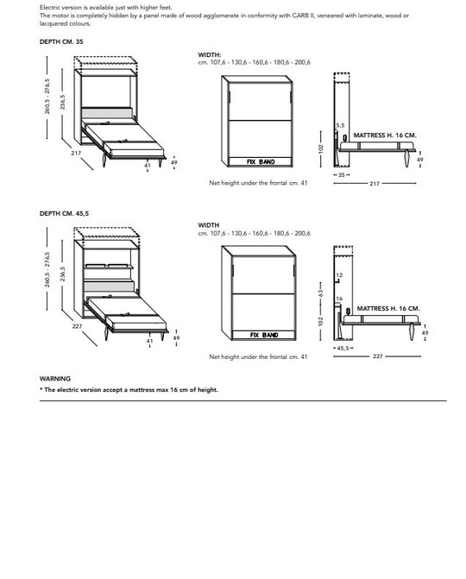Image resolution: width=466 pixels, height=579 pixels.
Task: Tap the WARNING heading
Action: coord(55,379)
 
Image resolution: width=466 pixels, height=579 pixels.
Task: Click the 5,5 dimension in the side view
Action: coord(340,126)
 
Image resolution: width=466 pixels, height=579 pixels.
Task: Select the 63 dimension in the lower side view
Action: coord(322,293)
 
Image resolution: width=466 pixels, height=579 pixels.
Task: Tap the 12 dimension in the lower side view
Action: coord(340,275)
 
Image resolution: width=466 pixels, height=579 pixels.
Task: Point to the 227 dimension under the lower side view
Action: coord(377,356)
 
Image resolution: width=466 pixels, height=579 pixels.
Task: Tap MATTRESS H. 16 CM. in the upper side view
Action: coord(386,135)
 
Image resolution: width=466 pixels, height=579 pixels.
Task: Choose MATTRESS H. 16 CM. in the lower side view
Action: coord(388,308)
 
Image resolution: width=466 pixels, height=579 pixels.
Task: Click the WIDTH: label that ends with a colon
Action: coord(210,53)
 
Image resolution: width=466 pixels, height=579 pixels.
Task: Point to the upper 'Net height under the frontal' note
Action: coord(258,183)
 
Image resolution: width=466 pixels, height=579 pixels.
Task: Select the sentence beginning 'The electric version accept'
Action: coord(129,390)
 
